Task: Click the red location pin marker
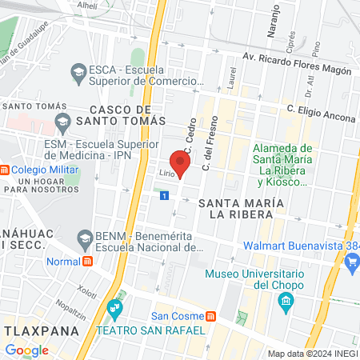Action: pyautogui.click(x=181, y=163)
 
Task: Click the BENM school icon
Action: pyautogui.click(x=84, y=238)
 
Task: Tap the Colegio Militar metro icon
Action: pyautogui.click(x=4, y=170)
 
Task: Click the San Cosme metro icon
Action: pyautogui.click(x=210, y=316)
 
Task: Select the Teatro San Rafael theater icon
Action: pyautogui.click(x=117, y=306)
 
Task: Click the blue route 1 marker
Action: pyautogui.click(x=164, y=195)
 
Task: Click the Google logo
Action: pyautogui.click(x=26, y=350)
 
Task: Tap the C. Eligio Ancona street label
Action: pyautogui.click(x=320, y=117)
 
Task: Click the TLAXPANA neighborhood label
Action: pyautogui.click(x=38, y=330)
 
